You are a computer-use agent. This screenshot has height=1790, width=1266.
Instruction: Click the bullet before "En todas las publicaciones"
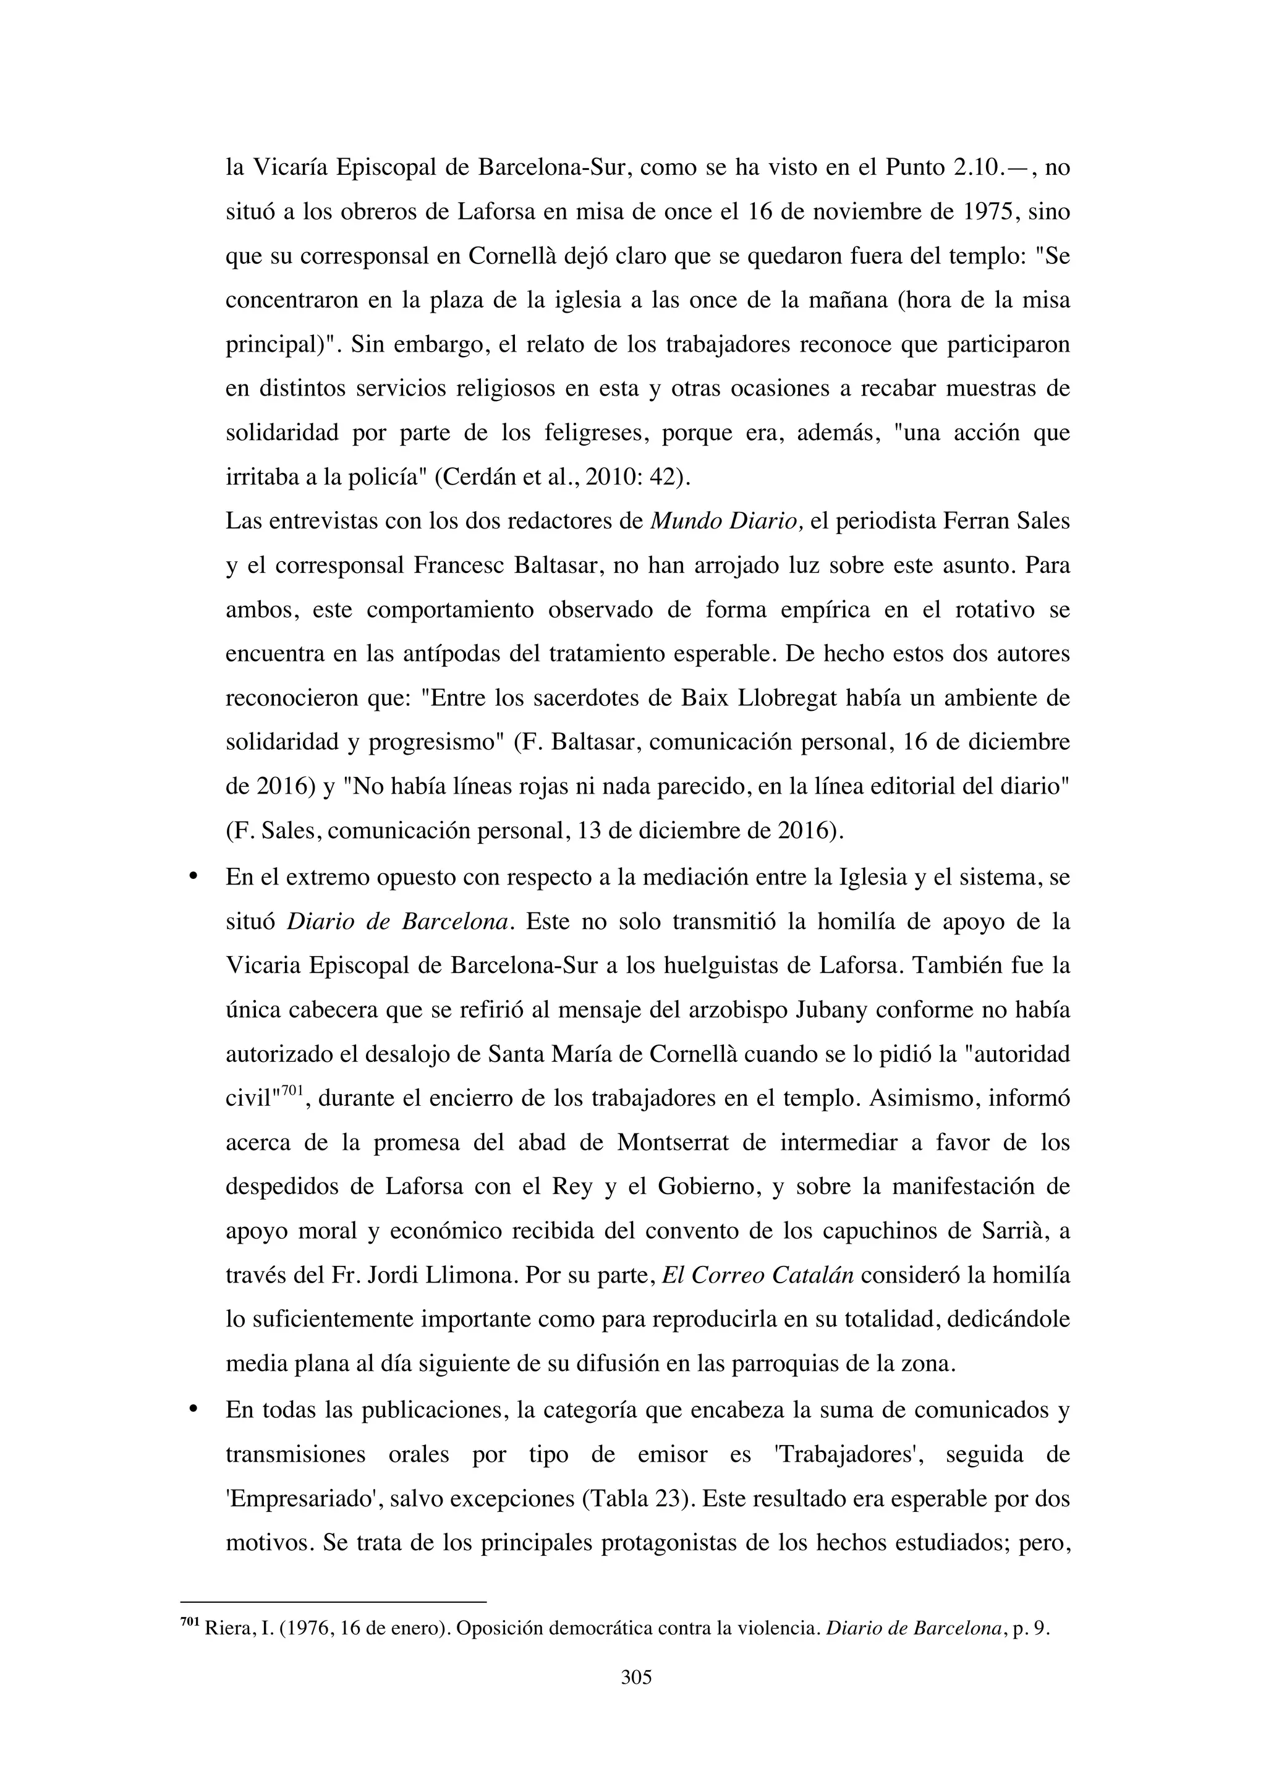(x=192, y=1409)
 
